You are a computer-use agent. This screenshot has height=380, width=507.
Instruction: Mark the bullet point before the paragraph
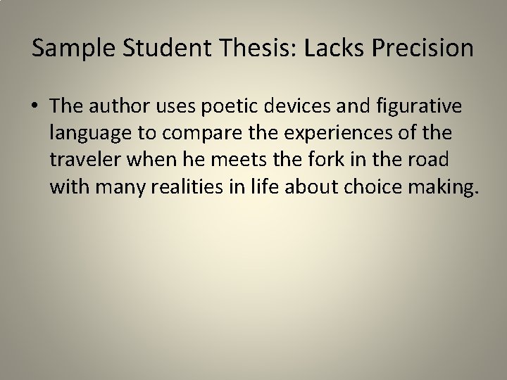click(x=37, y=108)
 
